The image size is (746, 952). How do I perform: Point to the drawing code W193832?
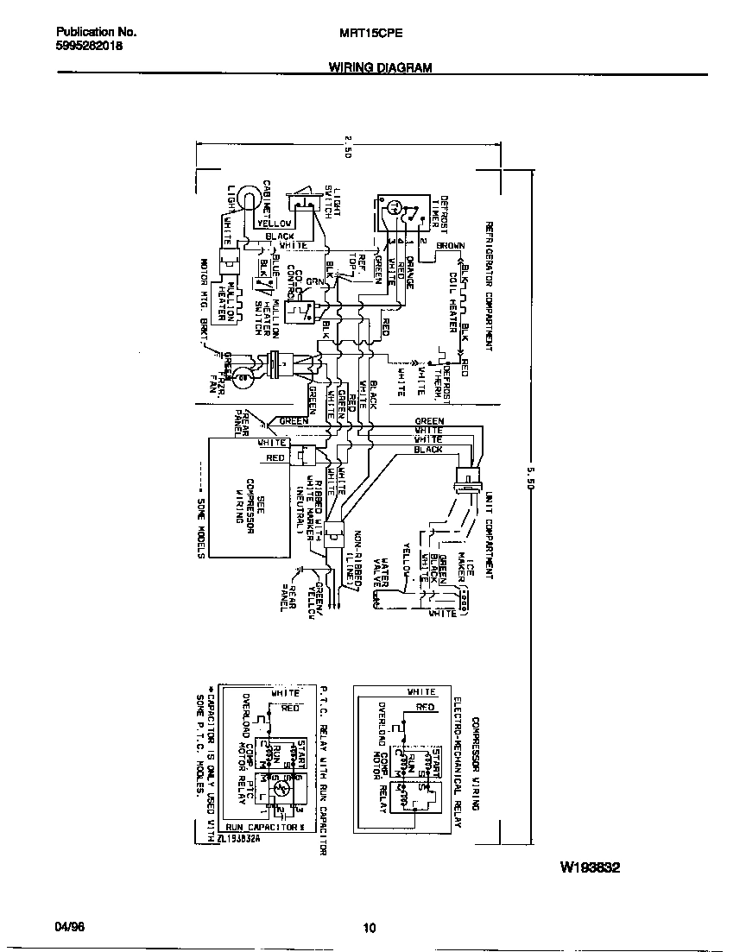pos(591,867)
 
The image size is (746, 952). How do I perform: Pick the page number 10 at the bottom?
pos(370,929)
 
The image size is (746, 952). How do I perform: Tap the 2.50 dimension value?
pos(348,146)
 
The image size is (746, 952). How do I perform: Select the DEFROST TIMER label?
pos(439,212)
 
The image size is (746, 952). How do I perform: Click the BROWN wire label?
pos(450,246)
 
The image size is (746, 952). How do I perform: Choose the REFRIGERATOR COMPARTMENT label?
pos(489,285)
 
